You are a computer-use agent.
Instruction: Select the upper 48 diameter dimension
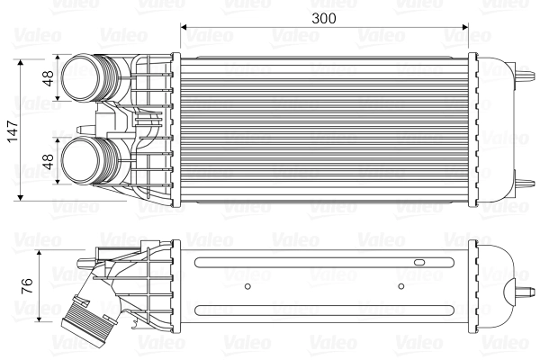(49, 79)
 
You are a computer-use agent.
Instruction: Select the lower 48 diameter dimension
(49, 162)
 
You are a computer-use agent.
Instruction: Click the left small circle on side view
(247, 287)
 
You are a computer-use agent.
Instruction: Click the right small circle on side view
(402, 287)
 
